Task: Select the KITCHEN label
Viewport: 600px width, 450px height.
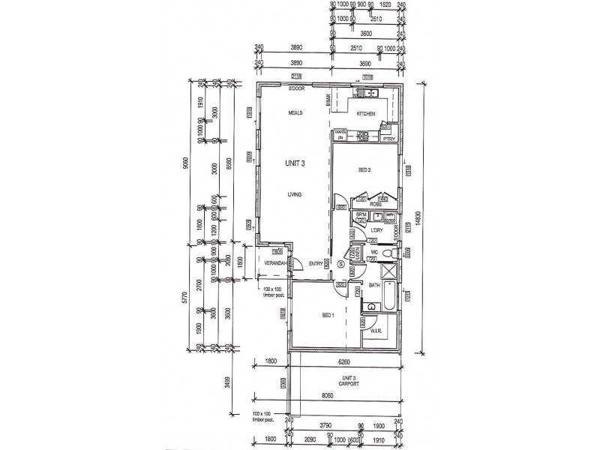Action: click(366, 113)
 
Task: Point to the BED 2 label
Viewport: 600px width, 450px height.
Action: click(365, 169)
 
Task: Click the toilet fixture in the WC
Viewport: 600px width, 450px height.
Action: click(388, 255)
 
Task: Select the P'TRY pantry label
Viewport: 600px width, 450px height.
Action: click(388, 139)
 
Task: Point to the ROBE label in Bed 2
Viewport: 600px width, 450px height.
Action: click(376, 203)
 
